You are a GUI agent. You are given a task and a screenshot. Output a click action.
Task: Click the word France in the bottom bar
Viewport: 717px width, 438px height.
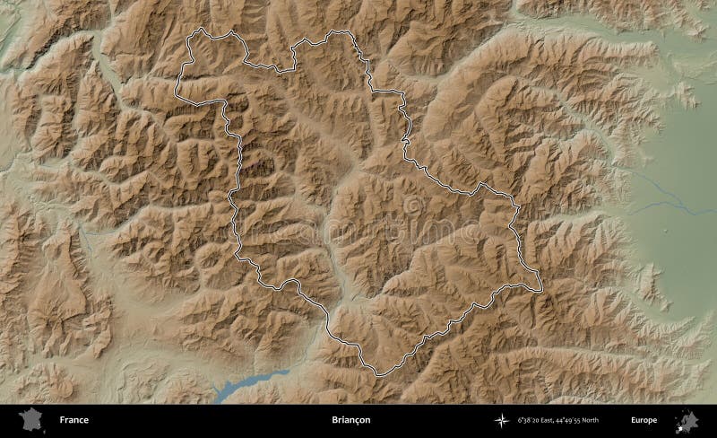pyautogui.click(x=74, y=420)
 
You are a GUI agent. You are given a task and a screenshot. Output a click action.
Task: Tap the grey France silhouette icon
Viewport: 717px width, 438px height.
pyautogui.click(x=30, y=419)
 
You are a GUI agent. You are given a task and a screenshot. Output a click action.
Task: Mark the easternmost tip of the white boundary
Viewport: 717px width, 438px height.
pyautogui.click(x=542, y=289)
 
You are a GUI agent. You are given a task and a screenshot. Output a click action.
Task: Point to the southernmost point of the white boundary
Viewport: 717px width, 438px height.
pyautogui.click(x=376, y=374)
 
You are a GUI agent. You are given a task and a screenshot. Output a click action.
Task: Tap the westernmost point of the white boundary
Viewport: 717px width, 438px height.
pyautogui.click(x=177, y=88)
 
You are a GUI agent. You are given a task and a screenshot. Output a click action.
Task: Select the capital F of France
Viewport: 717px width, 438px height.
pyautogui.click(x=63, y=420)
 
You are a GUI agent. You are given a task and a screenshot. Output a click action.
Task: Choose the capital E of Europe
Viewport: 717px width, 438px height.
pyautogui.click(x=633, y=420)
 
